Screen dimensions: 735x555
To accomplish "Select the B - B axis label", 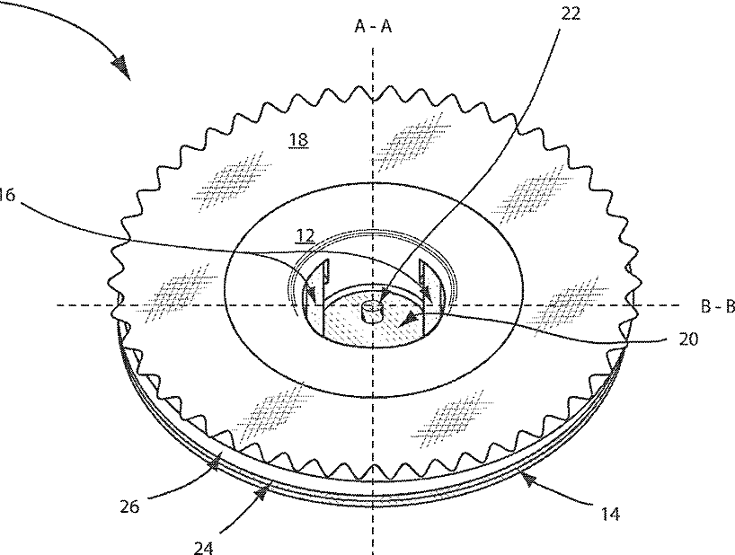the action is [x=718, y=305].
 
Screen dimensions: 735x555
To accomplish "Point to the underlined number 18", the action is [x=297, y=138].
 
